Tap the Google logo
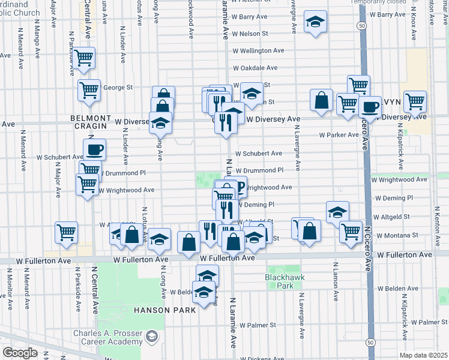pyautogui.click(x=19, y=353)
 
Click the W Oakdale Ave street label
pyautogui.click(x=258, y=68)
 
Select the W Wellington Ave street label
pyautogui.click(x=258, y=51)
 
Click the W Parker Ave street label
pyautogui.click(x=339, y=135)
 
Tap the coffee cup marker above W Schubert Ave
pyautogui.click(x=95, y=149)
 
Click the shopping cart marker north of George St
pyautogui.click(x=84, y=58)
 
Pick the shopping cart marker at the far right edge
pyautogui.click(x=415, y=101)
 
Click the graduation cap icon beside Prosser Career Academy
pyautogui.click(x=151, y=335)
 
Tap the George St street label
pyautogui.click(x=118, y=88)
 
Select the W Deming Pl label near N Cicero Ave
pyautogui.click(x=391, y=198)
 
